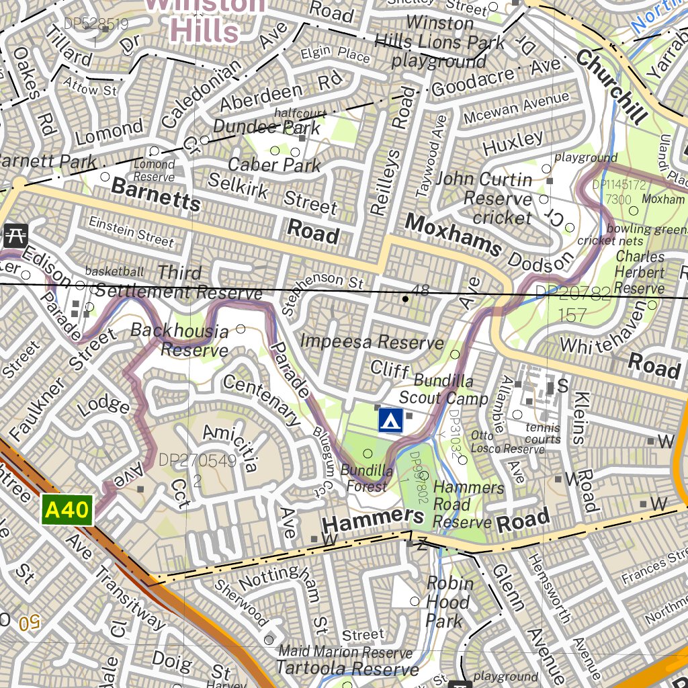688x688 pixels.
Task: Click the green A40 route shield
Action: pyautogui.click(x=67, y=510)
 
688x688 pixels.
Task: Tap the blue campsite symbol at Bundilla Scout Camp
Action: pyautogui.click(x=390, y=420)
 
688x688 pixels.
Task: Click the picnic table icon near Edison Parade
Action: pyautogui.click(x=14, y=234)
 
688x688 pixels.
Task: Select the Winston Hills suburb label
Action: pyautogui.click(x=205, y=19)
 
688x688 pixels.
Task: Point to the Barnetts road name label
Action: pyautogui.click(x=156, y=193)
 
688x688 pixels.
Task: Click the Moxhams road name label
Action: pyautogui.click(x=454, y=234)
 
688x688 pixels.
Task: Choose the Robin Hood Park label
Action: pyautogui.click(x=448, y=602)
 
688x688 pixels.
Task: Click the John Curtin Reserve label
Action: pyautogui.click(x=493, y=198)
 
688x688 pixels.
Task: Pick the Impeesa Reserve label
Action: pyautogui.click(x=372, y=341)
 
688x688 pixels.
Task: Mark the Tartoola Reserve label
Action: pyautogui.click(x=347, y=669)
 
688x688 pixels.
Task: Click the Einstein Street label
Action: pyautogui.click(x=131, y=230)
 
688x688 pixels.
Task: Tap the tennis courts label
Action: pyautogui.click(x=543, y=433)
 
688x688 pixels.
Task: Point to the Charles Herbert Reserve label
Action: pyautogui.click(x=640, y=272)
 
